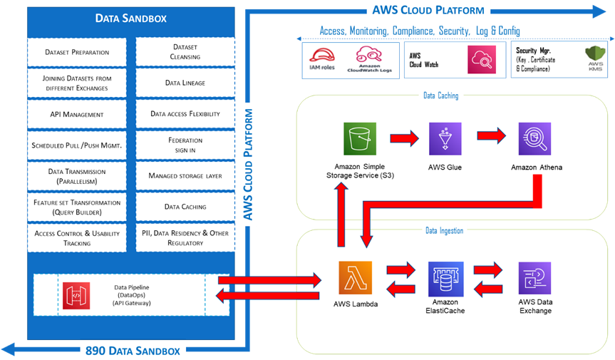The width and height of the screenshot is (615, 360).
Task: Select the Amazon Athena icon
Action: (x=534, y=139)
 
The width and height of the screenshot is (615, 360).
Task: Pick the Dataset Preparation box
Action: (x=77, y=52)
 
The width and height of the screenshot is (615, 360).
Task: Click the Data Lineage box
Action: (x=185, y=83)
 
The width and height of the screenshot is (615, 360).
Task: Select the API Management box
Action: (x=77, y=114)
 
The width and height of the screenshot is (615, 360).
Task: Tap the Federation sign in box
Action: (x=185, y=145)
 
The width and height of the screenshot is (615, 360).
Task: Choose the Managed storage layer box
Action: (x=185, y=175)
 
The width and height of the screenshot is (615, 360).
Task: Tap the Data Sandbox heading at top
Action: (x=131, y=19)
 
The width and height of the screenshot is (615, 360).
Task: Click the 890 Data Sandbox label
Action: (x=133, y=350)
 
